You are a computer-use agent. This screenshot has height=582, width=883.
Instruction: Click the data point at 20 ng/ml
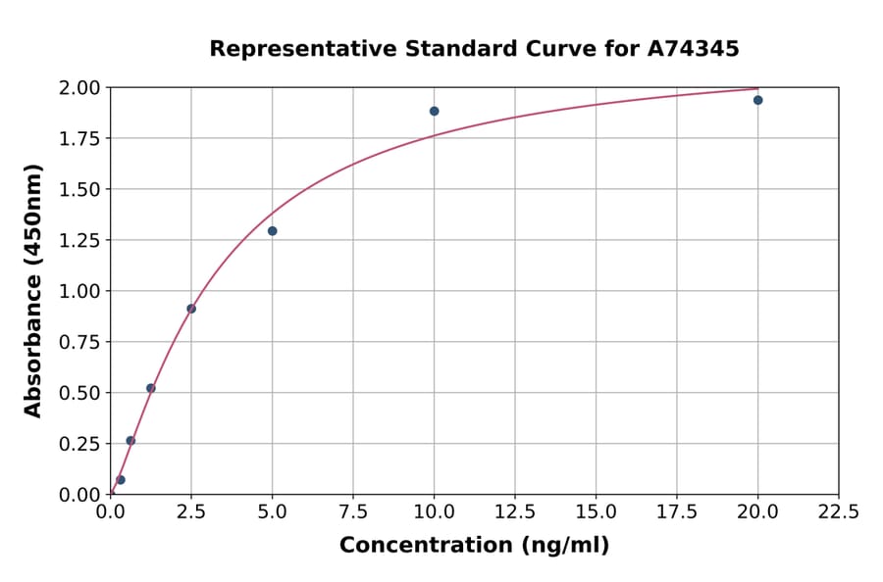(757, 100)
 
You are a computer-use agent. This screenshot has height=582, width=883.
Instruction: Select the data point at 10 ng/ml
(434, 111)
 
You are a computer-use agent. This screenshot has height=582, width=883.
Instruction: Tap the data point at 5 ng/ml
(273, 231)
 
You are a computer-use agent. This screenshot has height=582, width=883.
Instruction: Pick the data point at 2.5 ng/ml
(191, 309)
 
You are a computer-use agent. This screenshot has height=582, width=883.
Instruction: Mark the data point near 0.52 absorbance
(151, 388)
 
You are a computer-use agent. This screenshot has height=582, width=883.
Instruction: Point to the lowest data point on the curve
(121, 480)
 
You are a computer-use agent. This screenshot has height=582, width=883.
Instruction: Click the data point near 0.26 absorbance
(130, 441)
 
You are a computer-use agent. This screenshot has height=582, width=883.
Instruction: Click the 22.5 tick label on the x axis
(838, 512)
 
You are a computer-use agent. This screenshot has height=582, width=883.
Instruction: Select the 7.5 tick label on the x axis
(353, 512)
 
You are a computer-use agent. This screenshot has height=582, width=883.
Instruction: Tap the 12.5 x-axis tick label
(514, 512)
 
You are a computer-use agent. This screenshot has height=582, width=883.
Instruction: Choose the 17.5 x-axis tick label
(676, 512)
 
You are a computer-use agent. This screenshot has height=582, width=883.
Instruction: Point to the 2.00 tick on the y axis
(81, 88)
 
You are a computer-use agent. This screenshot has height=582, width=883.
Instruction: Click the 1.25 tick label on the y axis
(81, 240)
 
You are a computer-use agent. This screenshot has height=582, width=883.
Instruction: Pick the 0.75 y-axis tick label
(81, 342)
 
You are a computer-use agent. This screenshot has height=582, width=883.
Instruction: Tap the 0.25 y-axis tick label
(81, 444)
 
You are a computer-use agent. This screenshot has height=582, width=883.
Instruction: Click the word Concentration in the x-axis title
(417, 546)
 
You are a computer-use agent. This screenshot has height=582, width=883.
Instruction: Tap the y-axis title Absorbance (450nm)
(33, 290)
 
